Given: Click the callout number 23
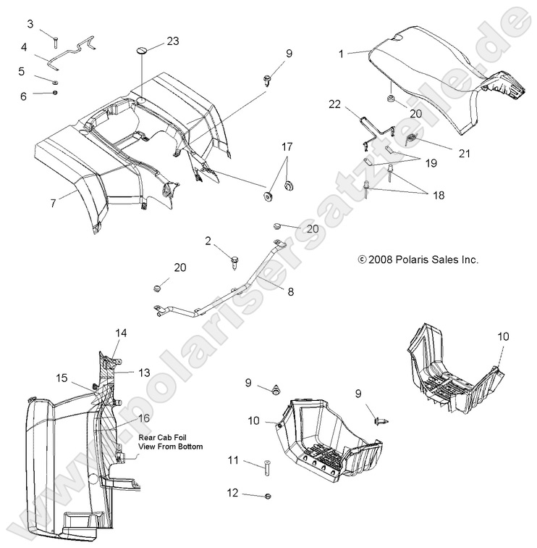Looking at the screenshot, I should (x=172, y=41).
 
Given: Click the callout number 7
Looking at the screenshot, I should (x=53, y=204).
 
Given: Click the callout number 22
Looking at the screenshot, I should (x=334, y=104).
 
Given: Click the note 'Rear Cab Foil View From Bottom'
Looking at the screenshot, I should (x=170, y=442).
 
